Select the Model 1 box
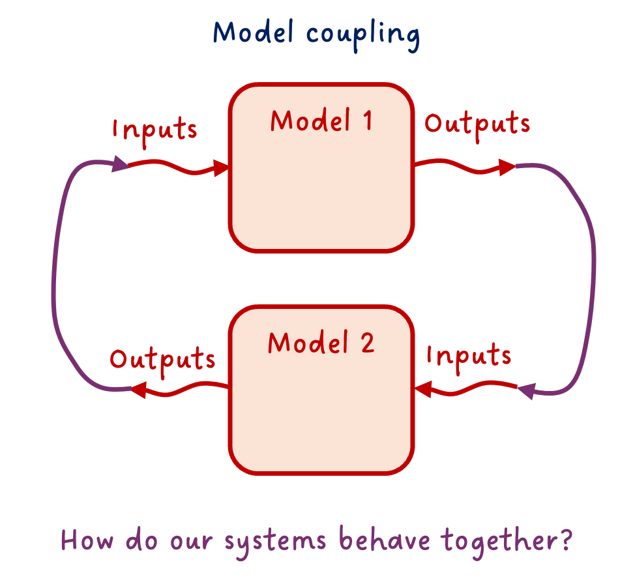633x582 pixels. (321, 189)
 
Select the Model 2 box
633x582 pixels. (321, 411)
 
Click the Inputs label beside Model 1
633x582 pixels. (155, 128)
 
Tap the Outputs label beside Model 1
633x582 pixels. (477, 124)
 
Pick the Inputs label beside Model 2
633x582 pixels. (469, 355)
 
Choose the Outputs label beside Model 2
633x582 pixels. (162, 359)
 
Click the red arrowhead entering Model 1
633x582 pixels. (222, 169)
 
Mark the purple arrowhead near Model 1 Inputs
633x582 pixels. (120, 164)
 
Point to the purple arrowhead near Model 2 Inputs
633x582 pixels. (526, 391)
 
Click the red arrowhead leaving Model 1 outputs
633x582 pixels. (507, 167)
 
